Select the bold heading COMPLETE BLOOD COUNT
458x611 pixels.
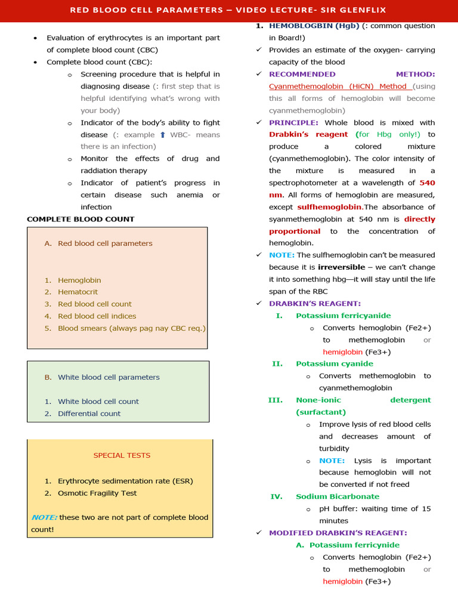tap(81, 219)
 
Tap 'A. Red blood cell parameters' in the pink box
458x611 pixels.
tap(98, 243)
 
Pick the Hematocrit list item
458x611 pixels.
tap(78, 292)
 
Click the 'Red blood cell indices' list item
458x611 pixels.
tap(97, 316)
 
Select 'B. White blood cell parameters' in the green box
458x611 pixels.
tap(102, 377)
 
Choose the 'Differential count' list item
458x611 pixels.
tap(89, 413)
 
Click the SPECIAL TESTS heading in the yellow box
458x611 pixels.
tap(122, 455)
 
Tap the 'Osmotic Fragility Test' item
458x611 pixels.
tap(97, 493)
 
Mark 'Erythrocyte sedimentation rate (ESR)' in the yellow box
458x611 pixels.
tap(125, 481)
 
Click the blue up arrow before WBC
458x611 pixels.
tap(162, 135)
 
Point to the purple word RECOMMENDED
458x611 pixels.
tap(302, 74)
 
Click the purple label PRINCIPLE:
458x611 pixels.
tap(293, 122)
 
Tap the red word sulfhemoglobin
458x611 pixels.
tap(329, 207)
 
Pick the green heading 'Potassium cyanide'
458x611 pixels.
tap(335, 364)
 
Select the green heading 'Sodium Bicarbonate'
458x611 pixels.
tap(338, 496)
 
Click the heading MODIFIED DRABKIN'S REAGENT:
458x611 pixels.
tap(338, 533)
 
